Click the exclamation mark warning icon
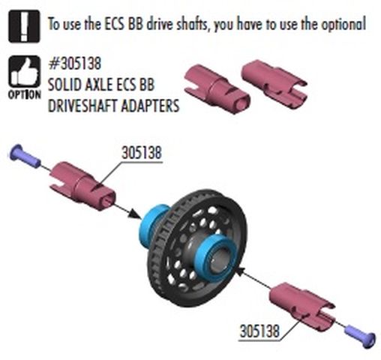point(24,26)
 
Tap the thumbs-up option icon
point(24,71)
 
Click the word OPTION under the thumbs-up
point(25,94)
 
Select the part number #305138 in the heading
point(75,64)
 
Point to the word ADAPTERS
point(150,106)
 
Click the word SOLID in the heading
point(64,85)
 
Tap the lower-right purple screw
point(360,336)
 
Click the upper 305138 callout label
point(142,152)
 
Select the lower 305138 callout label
point(259,331)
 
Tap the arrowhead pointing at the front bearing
point(241,271)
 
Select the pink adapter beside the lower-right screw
point(302,306)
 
